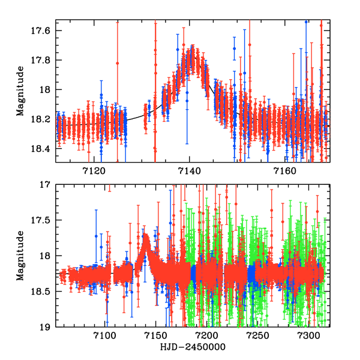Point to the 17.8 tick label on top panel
point(44,60)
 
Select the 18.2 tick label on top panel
point(44,119)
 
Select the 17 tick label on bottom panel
point(47,185)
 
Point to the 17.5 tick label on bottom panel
point(44,221)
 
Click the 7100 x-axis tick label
point(104,337)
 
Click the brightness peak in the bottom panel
point(145,235)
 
